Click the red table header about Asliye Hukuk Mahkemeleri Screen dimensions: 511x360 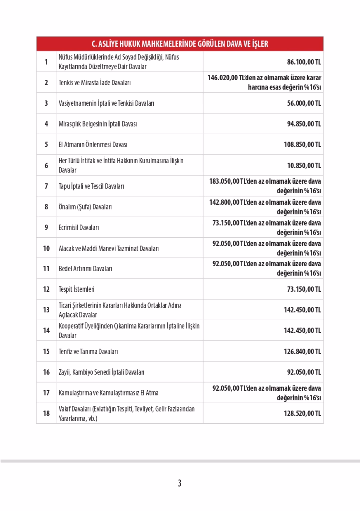(x=180, y=44)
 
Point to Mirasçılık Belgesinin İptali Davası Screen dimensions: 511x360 (x=97, y=124)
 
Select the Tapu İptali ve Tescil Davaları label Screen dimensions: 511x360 (x=91, y=186)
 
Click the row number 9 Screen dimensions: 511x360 (x=46, y=227)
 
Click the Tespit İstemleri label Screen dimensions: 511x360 (x=76, y=289)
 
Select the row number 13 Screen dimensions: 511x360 (x=46, y=310)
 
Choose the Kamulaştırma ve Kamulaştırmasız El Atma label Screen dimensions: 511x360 (x=108, y=393)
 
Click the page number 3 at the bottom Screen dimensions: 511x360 (x=180, y=483)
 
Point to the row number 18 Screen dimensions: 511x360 (x=46, y=414)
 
